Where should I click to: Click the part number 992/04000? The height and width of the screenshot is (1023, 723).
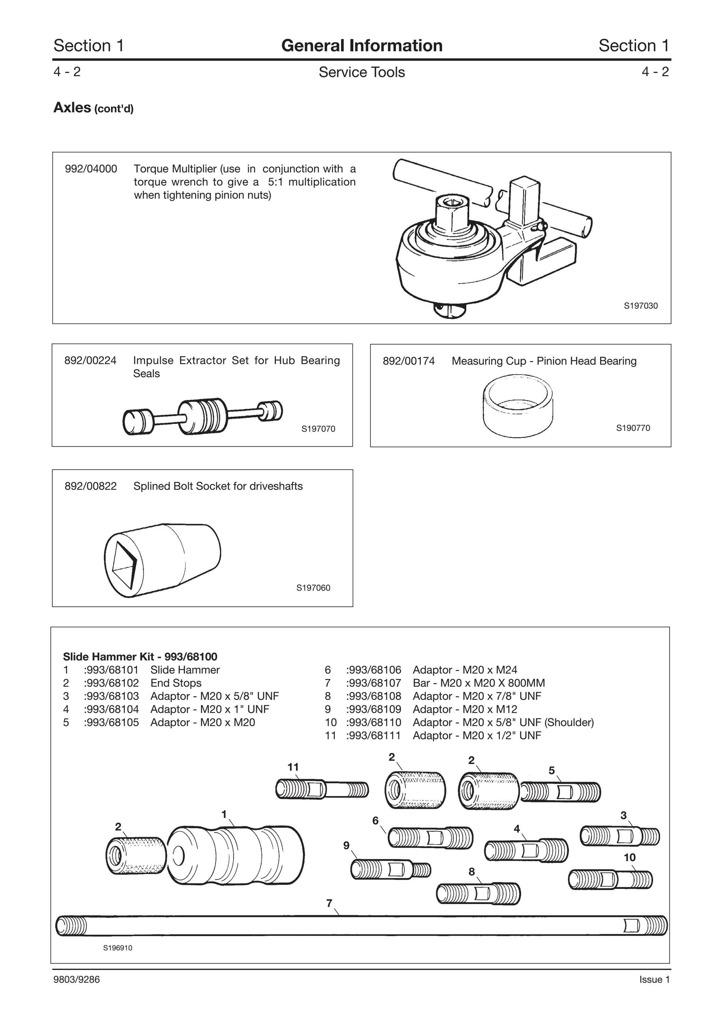tap(91, 169)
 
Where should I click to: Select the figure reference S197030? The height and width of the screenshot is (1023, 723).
tap(640, 306)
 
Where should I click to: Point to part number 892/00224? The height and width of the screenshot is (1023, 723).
tap(90, 360)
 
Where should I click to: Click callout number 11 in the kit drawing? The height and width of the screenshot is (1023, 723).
tap(293, 767)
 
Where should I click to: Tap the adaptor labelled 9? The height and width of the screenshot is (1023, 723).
tap(391, 869)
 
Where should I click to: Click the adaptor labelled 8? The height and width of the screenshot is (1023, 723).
tap(478, 893)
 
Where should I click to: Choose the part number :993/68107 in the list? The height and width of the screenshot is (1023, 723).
tap(373, 683)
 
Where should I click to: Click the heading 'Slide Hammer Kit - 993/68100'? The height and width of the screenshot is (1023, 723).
tap(140, 657)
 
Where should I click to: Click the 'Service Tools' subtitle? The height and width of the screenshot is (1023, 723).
tap(362, 72)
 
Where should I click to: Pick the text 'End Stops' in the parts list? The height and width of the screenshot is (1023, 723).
tap(176, 683)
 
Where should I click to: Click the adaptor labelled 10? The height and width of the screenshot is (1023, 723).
tap(610, 879)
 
